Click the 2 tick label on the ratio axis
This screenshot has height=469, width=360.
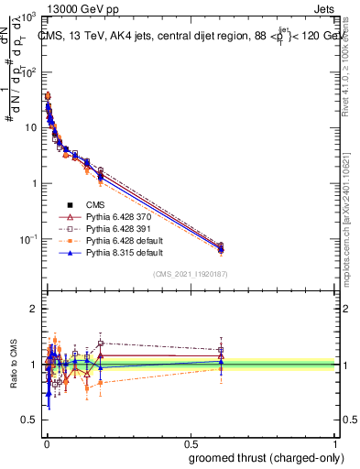[x=34, y=310]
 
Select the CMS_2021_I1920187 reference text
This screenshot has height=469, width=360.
[x=190, y=274]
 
